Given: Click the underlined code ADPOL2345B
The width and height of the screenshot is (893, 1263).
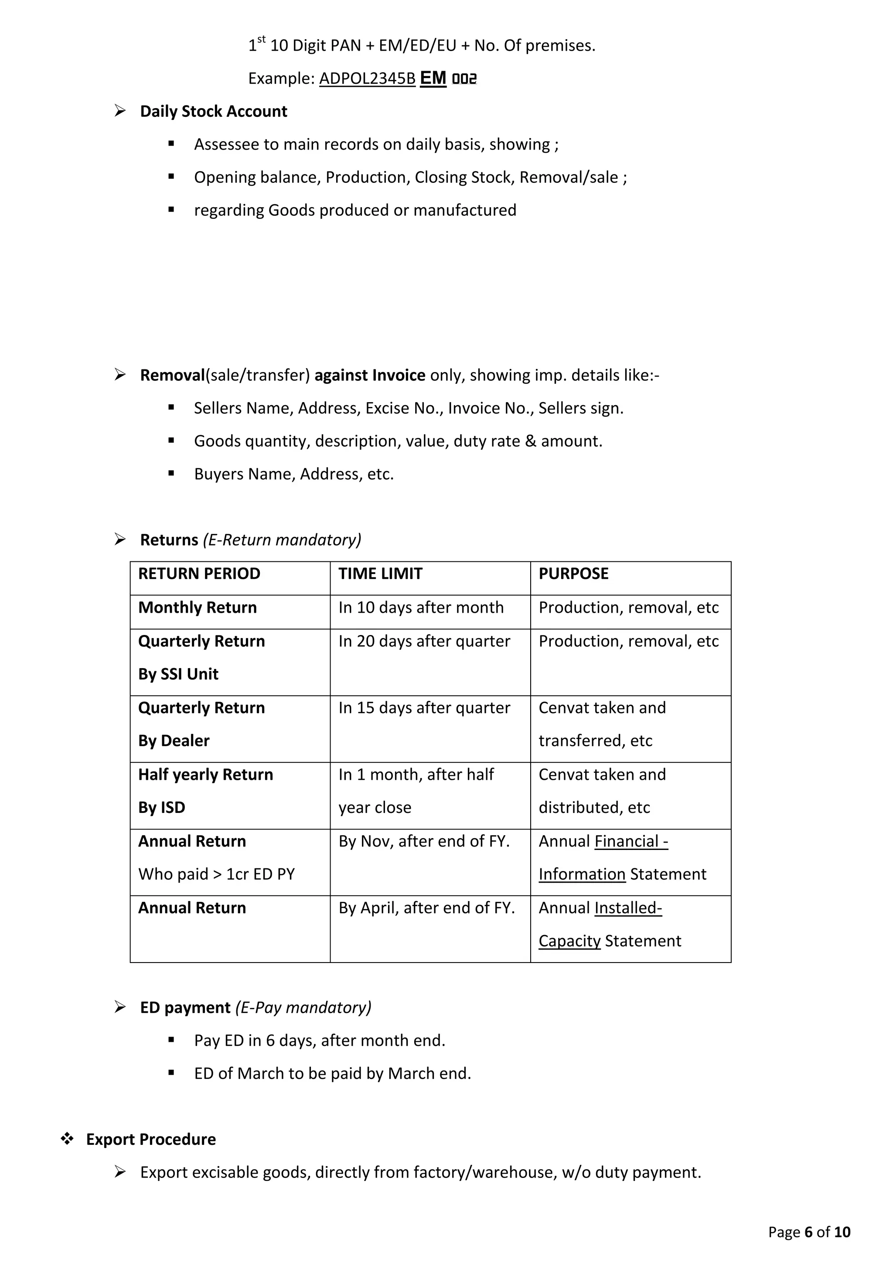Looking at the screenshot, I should (x=367, y=79).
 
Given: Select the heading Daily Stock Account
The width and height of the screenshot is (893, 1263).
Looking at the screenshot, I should (x=213, y=112).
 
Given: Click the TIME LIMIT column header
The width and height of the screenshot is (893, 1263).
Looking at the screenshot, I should (x=380, y=574).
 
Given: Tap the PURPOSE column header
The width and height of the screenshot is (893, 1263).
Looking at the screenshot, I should (x=573, y=574).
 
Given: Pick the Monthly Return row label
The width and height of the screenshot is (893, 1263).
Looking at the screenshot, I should (x=198, y=608).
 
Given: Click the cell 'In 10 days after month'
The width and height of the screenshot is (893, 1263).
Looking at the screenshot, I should (x=421, y=608).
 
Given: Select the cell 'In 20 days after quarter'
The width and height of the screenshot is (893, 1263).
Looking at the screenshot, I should (x=424, y=642).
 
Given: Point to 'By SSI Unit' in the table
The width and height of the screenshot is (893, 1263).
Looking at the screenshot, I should (x=178, y=674).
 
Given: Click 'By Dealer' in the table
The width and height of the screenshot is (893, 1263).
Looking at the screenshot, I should (x=174, y=741).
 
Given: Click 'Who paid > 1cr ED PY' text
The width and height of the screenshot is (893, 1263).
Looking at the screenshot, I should (x=216, y=875).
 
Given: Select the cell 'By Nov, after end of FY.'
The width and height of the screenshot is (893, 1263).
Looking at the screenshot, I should (x=424, y=842).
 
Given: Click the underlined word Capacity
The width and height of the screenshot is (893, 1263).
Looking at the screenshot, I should (x=569, y=941).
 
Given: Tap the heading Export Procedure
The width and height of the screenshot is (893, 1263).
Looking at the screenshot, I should (x=151, y=1139).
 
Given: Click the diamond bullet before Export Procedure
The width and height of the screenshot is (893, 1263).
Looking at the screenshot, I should (x=67, y=1139).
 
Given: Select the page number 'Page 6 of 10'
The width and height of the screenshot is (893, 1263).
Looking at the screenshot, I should (x=809, y=1232).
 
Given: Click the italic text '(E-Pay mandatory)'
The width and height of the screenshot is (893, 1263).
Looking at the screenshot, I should (x=303, y=1008).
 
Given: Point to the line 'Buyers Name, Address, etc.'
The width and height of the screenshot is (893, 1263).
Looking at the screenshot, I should (x=293, y=474).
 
